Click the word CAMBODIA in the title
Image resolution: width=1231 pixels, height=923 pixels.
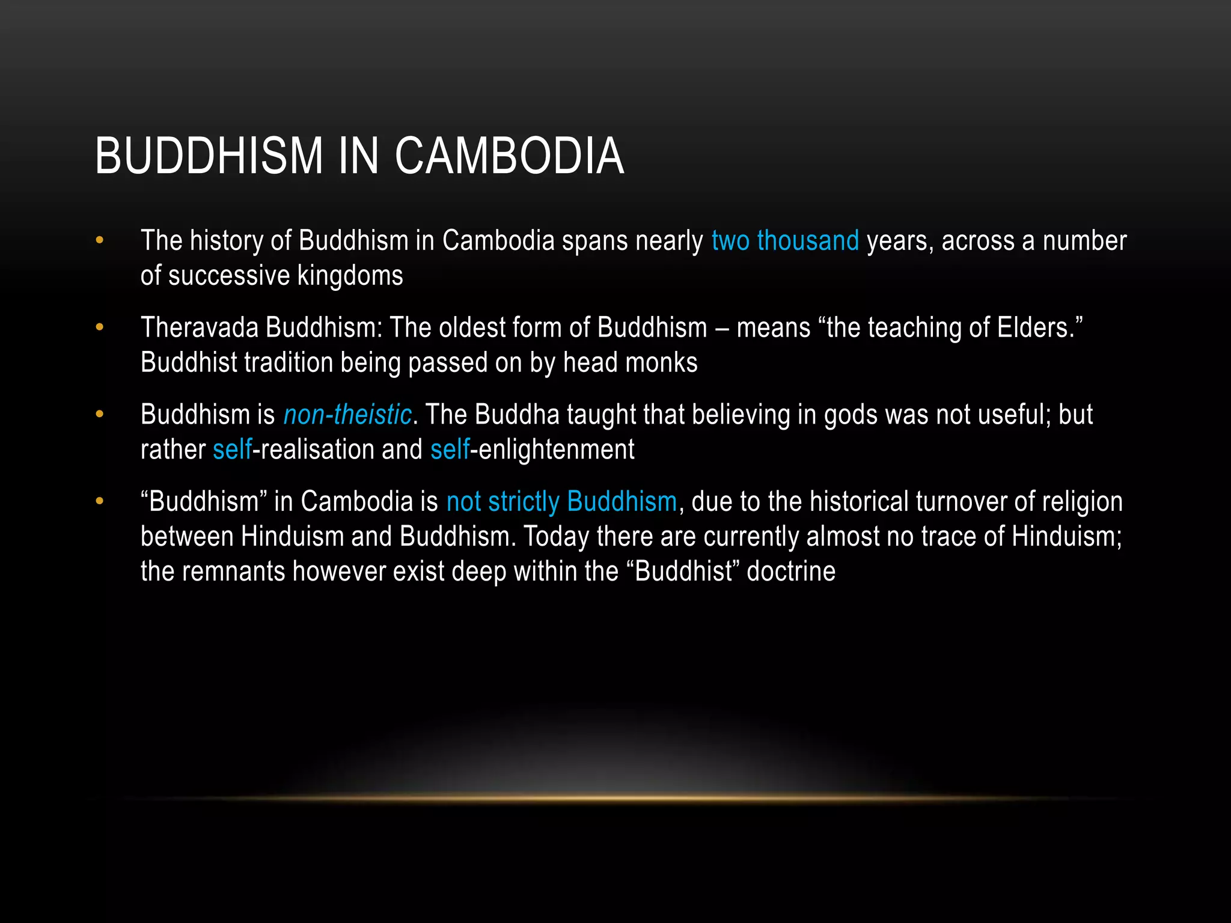coord(509,156)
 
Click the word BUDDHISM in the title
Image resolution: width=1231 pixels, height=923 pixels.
coord(209,156)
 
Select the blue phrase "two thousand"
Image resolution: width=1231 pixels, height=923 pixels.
coord(785,241)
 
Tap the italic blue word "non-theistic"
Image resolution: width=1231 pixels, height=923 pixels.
coord(347,415)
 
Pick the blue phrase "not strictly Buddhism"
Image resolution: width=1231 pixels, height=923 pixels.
coord(561,502)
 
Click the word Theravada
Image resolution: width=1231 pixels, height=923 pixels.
coord(199,328)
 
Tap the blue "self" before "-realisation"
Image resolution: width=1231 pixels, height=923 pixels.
coord(232,450)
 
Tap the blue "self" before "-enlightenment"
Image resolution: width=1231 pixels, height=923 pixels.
coord(450,450)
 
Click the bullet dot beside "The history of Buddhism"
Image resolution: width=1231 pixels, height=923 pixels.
coord(100,241)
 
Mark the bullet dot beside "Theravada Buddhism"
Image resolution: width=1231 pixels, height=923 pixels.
coord(100,328)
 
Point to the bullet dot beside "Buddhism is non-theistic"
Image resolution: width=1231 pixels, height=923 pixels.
coord(100,415)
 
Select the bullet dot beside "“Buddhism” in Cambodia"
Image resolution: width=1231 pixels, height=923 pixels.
coord(100,502)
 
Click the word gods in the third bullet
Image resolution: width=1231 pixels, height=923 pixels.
coord(849,415)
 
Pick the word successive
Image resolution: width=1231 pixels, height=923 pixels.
coord(229,276)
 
